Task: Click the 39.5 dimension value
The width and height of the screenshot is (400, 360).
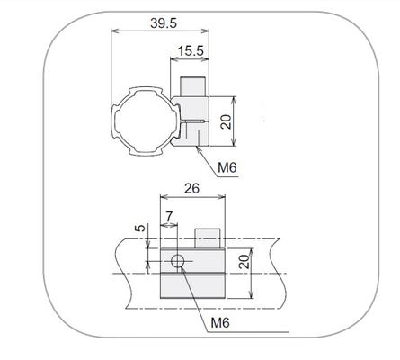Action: coord(164,23)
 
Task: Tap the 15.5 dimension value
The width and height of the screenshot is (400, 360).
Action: coord(191,51)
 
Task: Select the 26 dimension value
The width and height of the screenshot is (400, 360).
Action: coord(191,189)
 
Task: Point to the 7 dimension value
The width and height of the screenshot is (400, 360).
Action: coord(169,216)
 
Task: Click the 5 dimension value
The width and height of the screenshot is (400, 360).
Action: coord(139,228)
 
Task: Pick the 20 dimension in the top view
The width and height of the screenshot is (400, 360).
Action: coord(227,122)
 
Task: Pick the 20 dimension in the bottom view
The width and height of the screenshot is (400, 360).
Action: coord(244,262)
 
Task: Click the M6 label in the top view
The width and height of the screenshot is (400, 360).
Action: coord(227,167)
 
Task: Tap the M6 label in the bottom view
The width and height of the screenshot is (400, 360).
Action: coord(220,323)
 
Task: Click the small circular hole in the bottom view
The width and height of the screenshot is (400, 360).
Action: coord(178,261)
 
